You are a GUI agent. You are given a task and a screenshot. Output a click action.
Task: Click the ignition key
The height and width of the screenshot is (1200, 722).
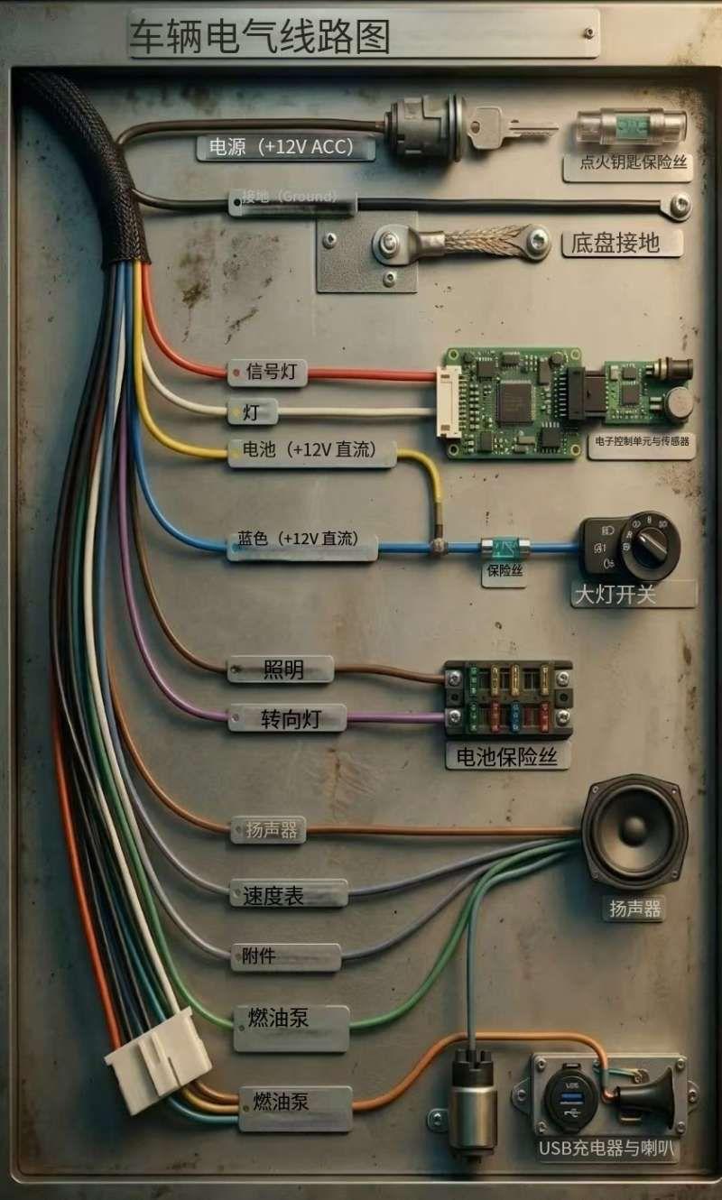click(x=511, y=127)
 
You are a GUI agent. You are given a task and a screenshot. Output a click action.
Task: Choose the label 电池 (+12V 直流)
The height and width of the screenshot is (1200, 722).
click(x=311, y=451)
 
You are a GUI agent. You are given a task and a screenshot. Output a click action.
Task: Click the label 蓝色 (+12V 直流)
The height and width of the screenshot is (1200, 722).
click(x=301, y=541)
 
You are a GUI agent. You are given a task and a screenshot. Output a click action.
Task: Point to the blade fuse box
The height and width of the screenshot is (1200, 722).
click(x=508, y=698)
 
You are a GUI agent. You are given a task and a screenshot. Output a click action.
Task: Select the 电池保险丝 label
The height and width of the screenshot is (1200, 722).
click(x=508, y=757)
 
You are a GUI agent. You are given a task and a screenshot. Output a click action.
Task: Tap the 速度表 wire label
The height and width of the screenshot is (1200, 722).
click(x=288, y=894)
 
